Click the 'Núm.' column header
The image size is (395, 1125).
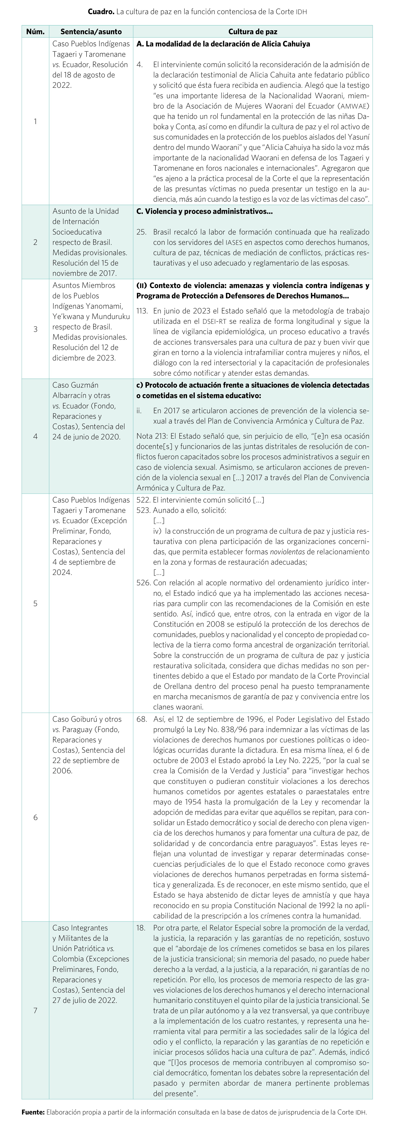[x=35, y=32]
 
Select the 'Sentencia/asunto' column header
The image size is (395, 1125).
[x=91, y=32]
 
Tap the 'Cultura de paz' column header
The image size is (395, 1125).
[x=253, y=32]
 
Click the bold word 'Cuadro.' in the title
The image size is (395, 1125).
[x=101, y=12]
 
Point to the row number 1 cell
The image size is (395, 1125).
[x=35, y=121]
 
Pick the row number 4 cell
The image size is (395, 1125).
[x=35, y=436]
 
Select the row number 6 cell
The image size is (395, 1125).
[x=35, y=817]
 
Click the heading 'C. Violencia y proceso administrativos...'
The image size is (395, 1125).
[x=204, y=211]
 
